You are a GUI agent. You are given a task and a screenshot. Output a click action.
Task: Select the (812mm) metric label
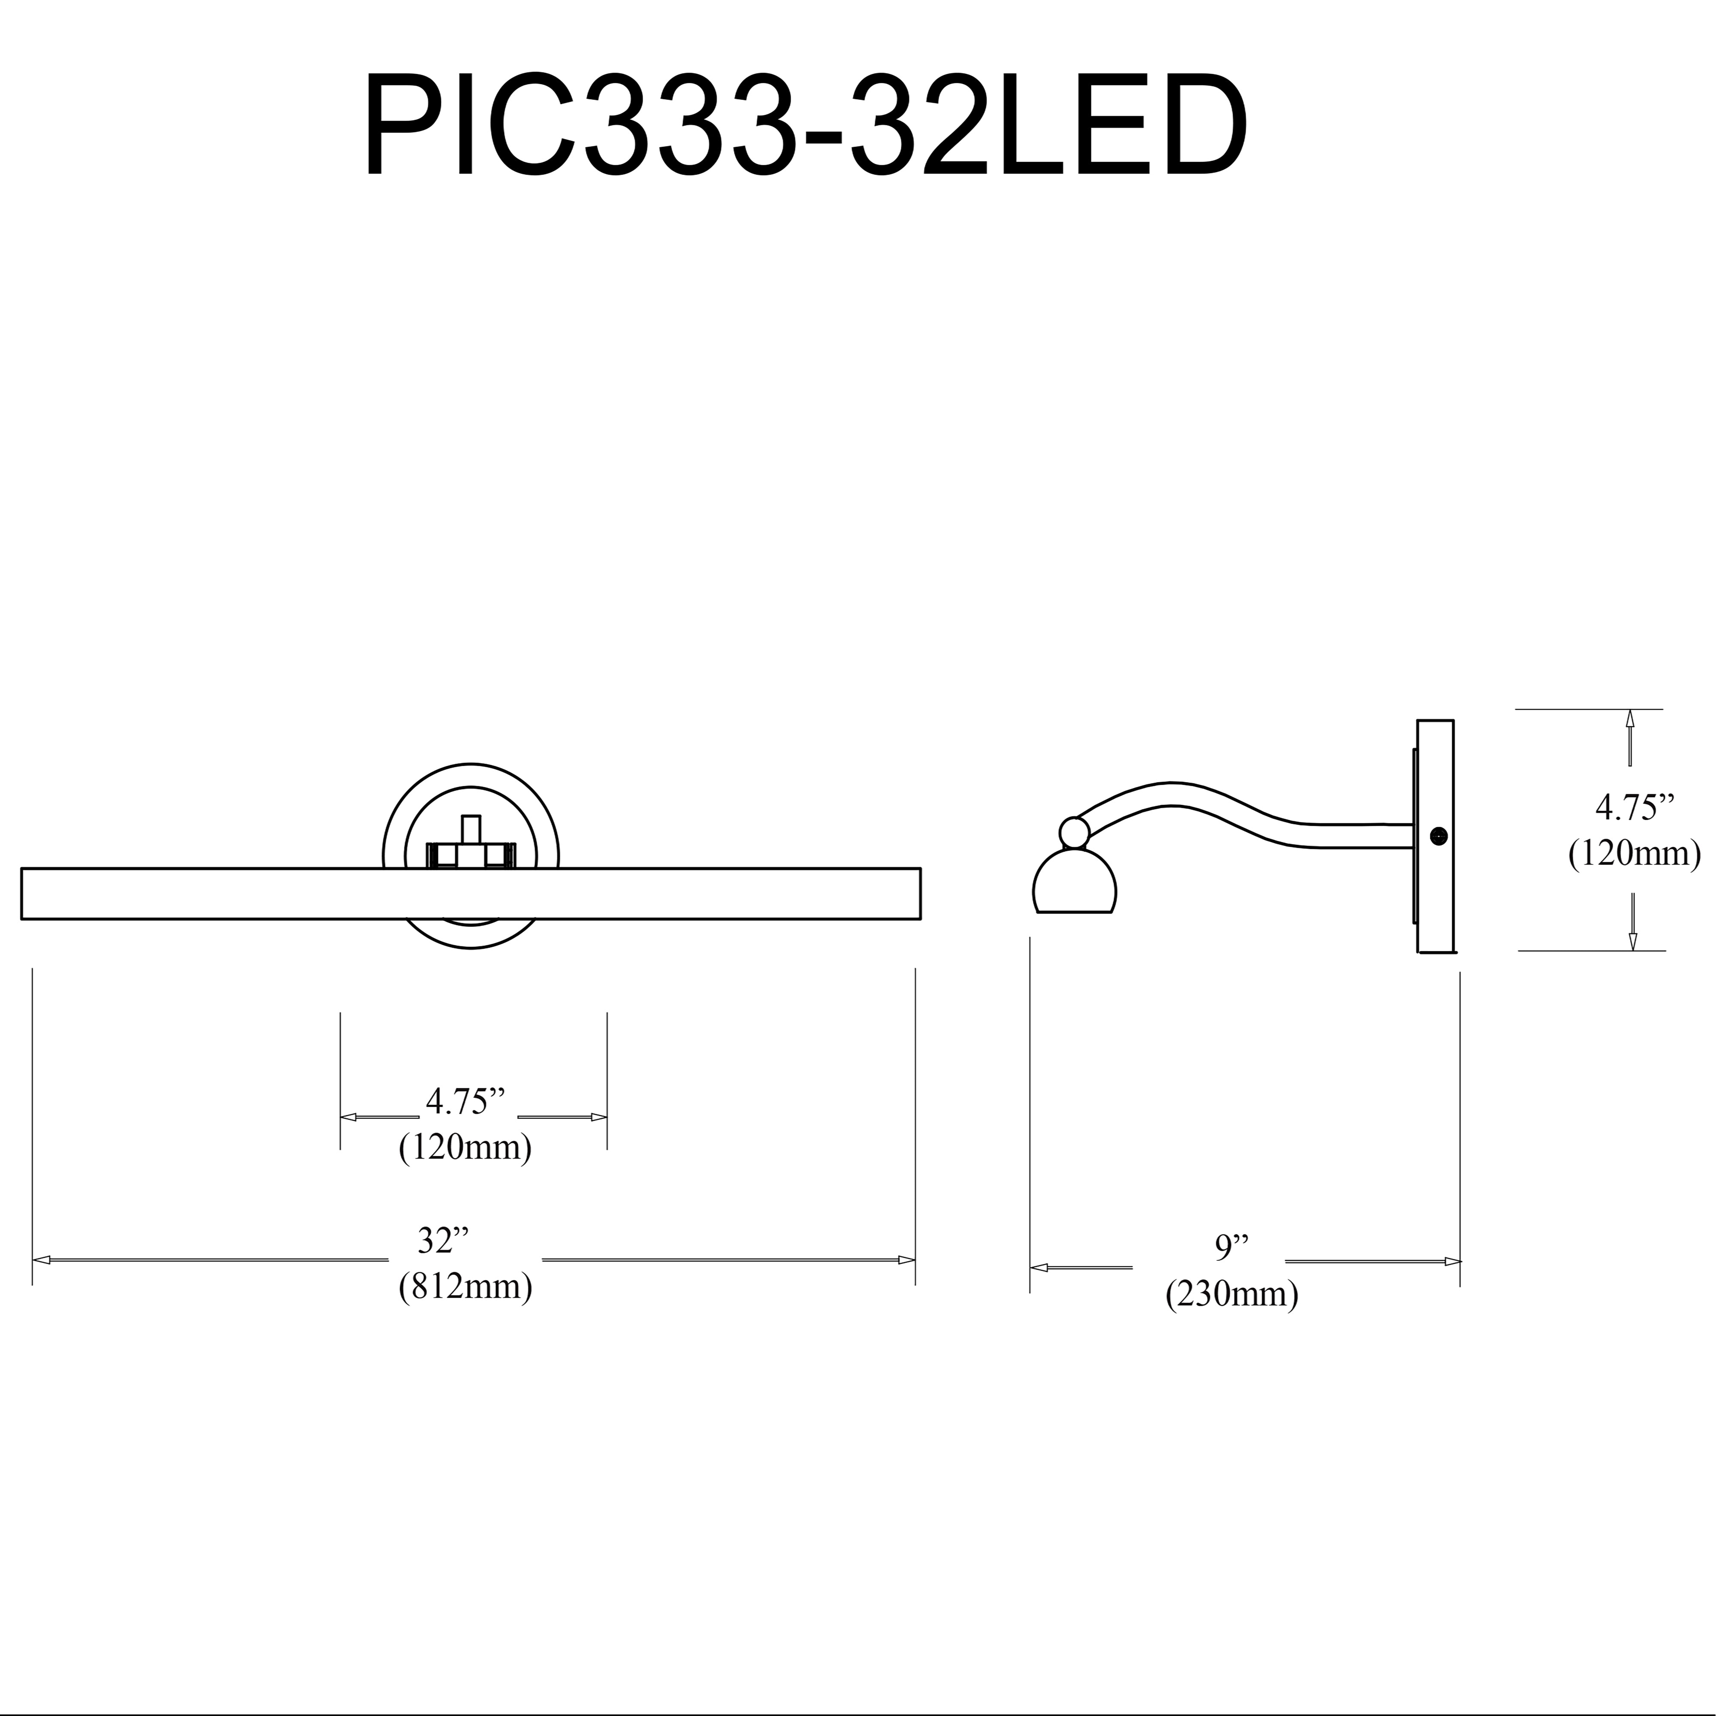[465, 1286]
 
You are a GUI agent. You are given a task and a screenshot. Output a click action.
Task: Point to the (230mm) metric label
[1232, 1294]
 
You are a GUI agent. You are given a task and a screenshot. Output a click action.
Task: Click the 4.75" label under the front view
[465, 1101]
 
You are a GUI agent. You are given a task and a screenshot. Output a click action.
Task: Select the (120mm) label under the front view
[465, 1148]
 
